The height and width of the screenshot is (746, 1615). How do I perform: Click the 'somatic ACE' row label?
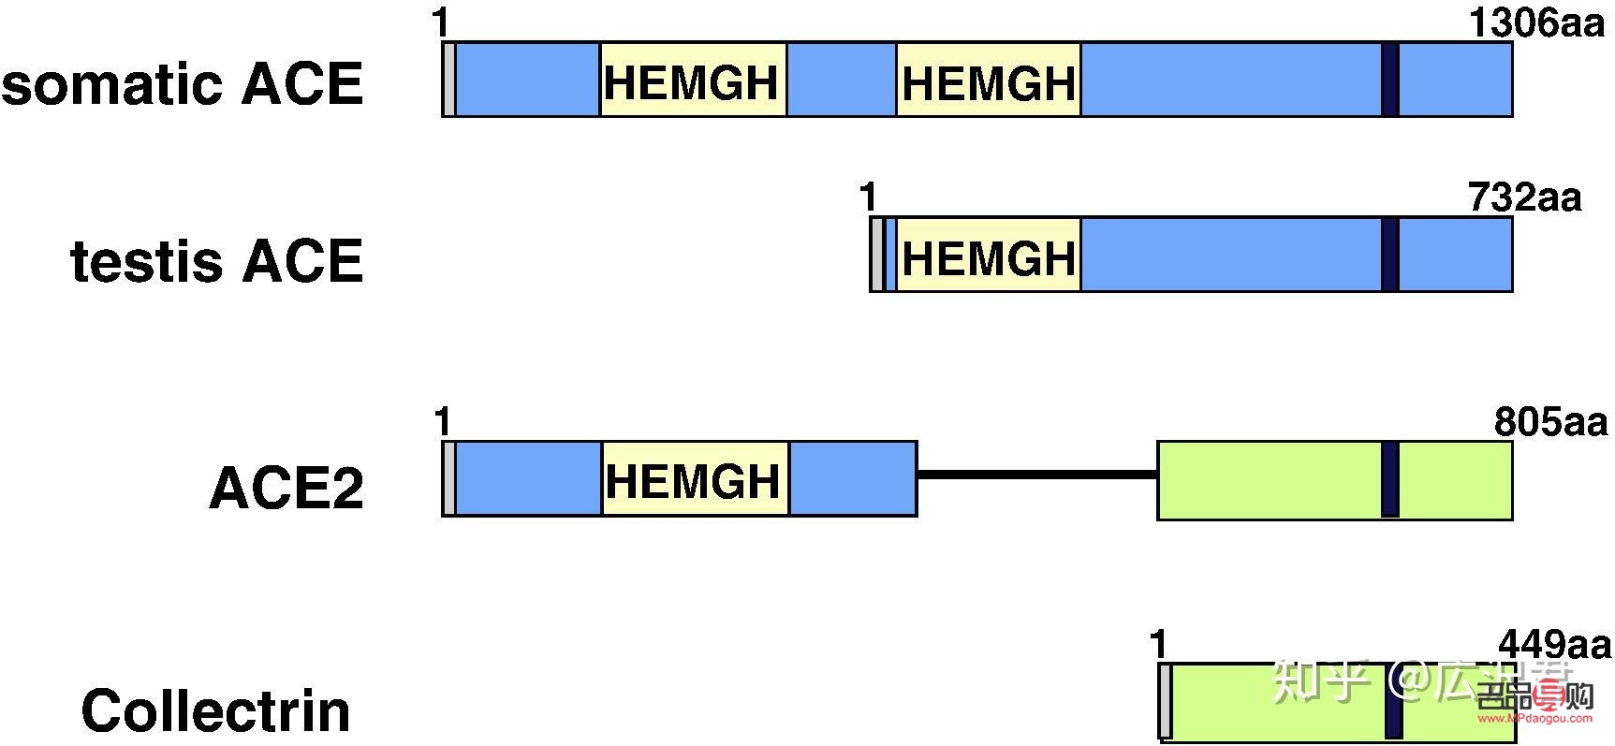pyautogui.click(x=182, y=84)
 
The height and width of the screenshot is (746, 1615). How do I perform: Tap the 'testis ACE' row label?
pyautogui.click(x=216, y=260)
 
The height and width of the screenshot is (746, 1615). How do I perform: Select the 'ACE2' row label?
pyautogui.click(x=286, y=488)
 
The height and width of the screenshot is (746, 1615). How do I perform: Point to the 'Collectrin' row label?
pyautogui.click(x=216, y=710)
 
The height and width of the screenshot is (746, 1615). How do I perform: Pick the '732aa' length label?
pyautogui.click(x=1524, y=197)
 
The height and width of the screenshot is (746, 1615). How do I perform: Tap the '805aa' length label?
pyautogui.click(x=1550, y=422)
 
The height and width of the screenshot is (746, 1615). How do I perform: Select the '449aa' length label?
pyautogui.click(x=1554, y=644)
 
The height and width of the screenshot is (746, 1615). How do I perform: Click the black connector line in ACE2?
pyautogui.click(x=1036, y=475)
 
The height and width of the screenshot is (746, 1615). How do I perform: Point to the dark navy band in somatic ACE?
pyautogui.click(x=1390, y=80)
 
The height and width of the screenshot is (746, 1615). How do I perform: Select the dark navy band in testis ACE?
pyautogui.click(x=1390, y=255)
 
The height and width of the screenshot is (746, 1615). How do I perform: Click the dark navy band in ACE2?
pyautogui.click(x=1390, y=479)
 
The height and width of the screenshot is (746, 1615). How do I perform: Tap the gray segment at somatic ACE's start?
pyautogui.click(x=449, y=80)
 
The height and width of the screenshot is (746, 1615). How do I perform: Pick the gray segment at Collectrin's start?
pyautogui.click(x=1165, y=701)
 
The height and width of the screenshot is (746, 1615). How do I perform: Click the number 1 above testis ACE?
pyautogui.click(x=869, y=197)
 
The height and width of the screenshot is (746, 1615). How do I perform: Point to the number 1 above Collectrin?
pyautogui.click(x=1159, y=644)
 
